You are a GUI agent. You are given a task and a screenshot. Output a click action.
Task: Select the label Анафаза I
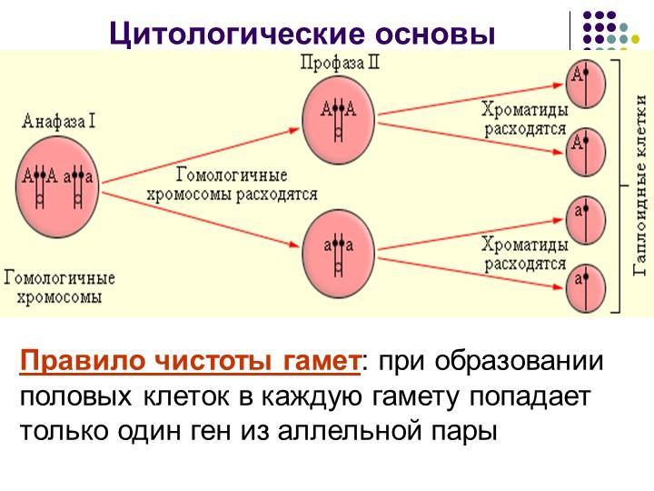(59, 122)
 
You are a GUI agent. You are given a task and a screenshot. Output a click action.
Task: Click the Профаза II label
(341, 63)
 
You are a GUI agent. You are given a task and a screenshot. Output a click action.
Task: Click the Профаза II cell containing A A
(339, 120)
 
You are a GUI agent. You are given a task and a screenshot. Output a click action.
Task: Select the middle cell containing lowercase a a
(339, 254)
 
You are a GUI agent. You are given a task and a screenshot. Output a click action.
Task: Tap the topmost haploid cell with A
(586, 83)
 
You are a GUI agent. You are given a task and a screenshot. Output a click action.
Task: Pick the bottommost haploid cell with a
(586, 287)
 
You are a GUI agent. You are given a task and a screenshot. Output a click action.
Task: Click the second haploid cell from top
(586, 152)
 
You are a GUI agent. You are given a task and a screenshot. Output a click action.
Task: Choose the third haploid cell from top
(586, 220)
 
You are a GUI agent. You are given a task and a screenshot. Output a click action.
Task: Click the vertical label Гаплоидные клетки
(640, 185)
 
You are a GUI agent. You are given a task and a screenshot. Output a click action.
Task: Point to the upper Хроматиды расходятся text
(525, 119)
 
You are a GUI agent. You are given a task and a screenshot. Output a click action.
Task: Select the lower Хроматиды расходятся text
(525, 254)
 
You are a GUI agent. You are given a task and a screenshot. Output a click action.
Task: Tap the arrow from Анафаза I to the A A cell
(201, 155)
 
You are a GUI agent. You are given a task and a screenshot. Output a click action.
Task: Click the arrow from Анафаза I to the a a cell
(201, 220)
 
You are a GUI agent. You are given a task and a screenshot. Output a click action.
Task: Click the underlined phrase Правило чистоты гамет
(190, 361)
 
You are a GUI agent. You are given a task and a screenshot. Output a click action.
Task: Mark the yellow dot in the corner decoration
(635, 39)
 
